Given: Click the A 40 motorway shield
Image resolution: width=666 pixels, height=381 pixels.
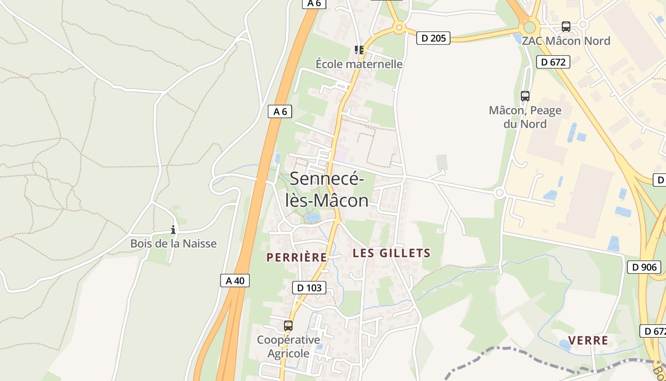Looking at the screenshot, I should (235, 281).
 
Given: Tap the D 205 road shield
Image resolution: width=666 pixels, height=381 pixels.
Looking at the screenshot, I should (433, 38).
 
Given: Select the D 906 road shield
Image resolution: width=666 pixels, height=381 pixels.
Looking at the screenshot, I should (645, 267).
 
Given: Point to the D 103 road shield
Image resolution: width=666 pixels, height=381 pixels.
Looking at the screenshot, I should (309, 288).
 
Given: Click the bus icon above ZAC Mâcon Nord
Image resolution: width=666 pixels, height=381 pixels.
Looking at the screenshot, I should (566, 27).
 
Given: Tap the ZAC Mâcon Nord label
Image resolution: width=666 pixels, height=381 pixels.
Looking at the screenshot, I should (566, 40).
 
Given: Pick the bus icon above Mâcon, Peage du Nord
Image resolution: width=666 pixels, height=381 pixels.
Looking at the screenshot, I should (525, 96).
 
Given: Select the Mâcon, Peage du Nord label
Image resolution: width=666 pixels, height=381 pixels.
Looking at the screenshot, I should (525, 117).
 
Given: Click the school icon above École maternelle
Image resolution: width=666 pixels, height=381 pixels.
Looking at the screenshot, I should (359, 50).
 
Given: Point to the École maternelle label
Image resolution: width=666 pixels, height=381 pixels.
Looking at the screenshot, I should (359, 64).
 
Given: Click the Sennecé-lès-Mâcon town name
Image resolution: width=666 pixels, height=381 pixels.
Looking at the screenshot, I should (327, 190).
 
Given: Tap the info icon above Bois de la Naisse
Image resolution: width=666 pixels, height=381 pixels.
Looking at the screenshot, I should (173, 230).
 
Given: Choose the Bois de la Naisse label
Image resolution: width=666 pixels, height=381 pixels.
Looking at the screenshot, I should (173, 243).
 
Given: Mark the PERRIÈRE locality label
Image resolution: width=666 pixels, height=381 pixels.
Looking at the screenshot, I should (297, 258).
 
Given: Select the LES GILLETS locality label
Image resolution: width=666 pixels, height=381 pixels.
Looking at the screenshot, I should (392, 253).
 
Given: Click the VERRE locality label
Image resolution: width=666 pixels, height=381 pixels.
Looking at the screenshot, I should (588, 341).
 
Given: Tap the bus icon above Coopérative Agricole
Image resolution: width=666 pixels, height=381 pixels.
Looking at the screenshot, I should (288, 326).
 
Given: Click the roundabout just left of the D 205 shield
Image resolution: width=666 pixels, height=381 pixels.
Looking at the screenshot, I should (399, 28).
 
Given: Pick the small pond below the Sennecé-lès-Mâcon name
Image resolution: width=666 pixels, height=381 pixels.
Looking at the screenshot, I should (312, 218).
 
